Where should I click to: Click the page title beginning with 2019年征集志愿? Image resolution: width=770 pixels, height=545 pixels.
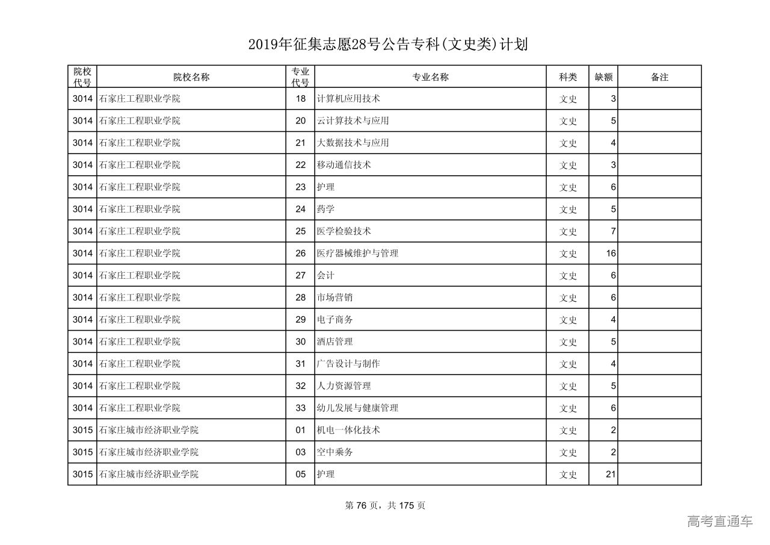[387, 45]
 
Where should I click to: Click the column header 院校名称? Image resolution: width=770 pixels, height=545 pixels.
[191, 77]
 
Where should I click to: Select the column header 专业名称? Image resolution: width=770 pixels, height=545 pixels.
[430, 77]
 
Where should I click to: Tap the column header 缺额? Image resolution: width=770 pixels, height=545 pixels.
[603, 77]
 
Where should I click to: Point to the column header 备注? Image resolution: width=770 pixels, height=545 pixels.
[659, 77]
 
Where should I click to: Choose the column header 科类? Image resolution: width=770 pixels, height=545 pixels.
[568, 77]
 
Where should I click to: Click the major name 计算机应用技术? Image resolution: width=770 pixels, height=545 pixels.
[348, 99]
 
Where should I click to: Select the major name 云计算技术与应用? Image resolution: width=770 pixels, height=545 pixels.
[353, 121]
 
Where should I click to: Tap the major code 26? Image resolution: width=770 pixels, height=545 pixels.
[301, 254]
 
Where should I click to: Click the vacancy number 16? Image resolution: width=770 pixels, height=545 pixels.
[611, 254]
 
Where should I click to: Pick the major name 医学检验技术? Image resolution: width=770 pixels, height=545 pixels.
[343, 231]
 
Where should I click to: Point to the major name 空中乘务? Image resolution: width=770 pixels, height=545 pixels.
[334, 452]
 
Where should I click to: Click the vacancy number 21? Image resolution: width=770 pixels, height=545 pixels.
[611, 475]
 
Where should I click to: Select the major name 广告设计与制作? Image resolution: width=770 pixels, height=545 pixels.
[348, 364]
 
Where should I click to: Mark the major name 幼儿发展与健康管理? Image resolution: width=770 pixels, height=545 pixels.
[357, 408]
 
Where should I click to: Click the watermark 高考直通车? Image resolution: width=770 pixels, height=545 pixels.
[719, 522]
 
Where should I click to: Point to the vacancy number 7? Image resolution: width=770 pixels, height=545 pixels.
[613, 231]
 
